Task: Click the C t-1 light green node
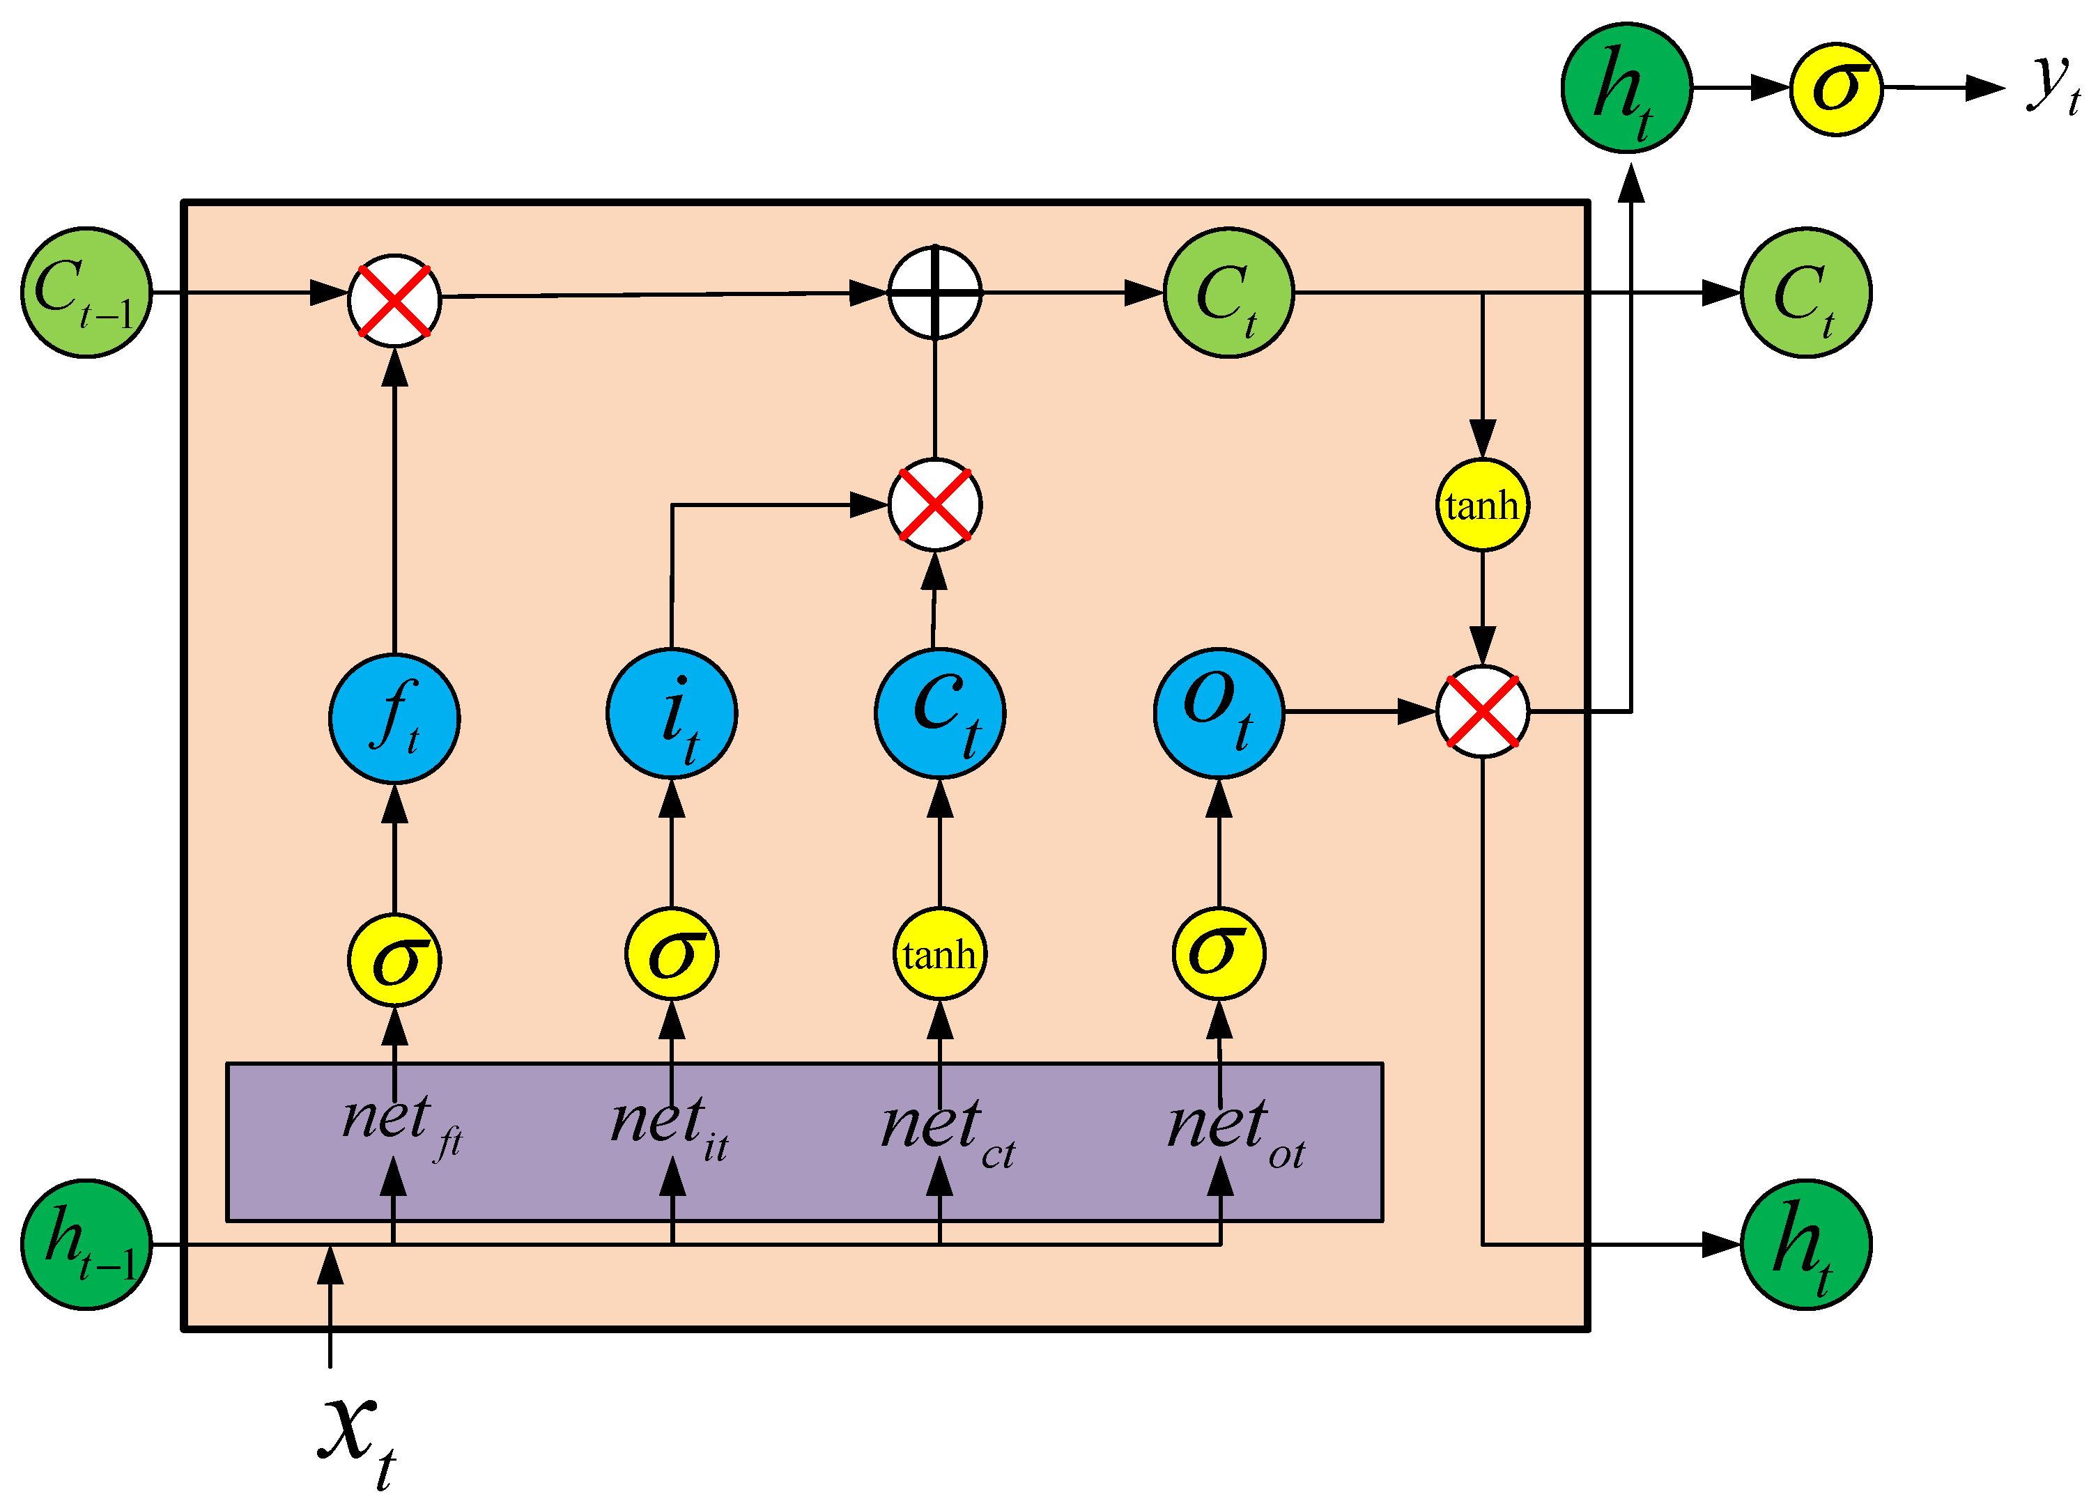[86, 292]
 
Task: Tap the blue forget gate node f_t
[394, 717]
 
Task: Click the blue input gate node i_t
[672, 713]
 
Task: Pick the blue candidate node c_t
[940, 713]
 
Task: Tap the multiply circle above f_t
[394, 300]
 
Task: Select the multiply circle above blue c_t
[934, 505]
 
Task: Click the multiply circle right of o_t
[1482, 711]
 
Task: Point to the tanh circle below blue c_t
[939, 954]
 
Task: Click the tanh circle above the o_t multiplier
[1482, 505]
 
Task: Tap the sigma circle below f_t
[394, 960]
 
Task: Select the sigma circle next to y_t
[1836, 88]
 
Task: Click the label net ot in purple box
[1235, 1133]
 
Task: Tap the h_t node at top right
[1626, 88]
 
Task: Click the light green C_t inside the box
[1228, 292]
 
